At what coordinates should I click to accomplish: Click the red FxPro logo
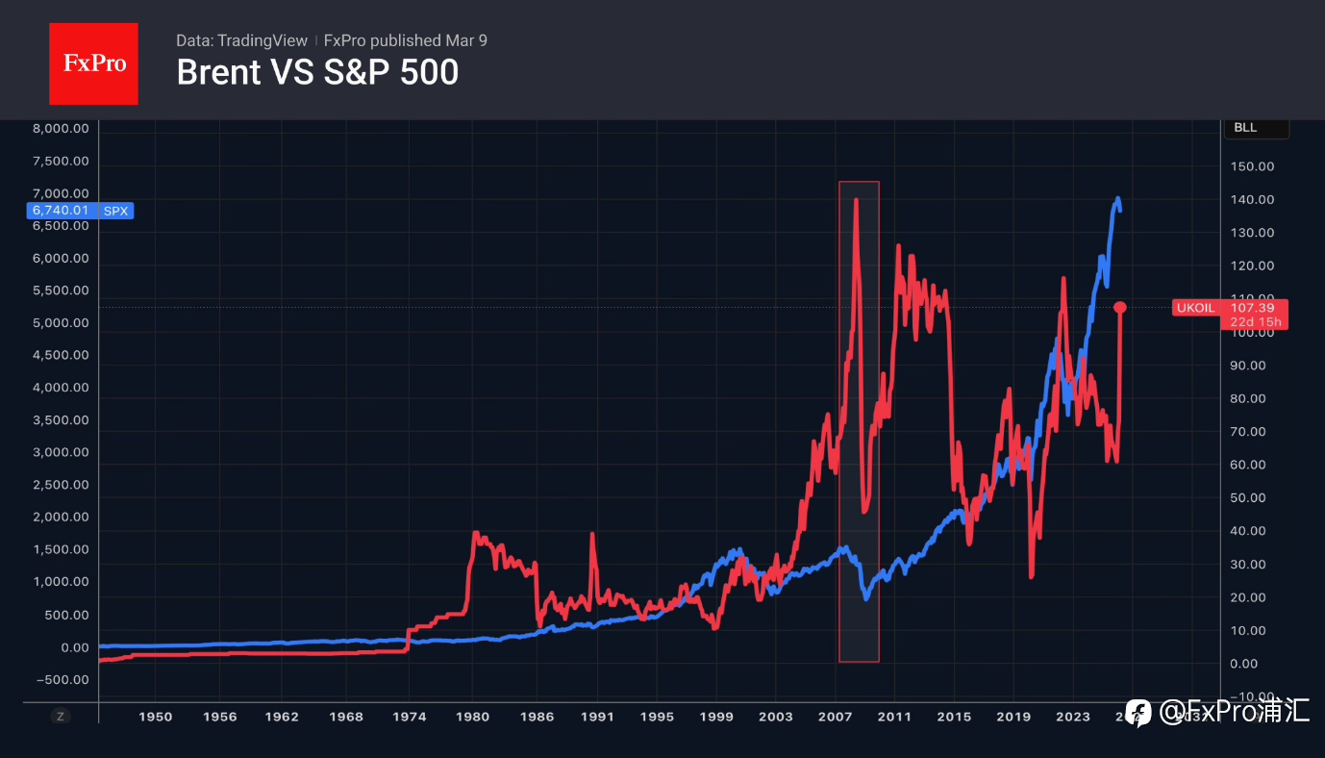93,63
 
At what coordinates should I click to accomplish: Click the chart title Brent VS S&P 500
317,72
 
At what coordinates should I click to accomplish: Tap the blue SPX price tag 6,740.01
80,211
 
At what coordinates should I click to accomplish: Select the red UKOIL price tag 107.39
1229,308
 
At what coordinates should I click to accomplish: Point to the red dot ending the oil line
1120,307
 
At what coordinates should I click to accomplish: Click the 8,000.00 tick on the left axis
61,129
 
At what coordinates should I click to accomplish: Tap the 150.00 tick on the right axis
1253,166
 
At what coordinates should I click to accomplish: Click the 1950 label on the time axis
155,717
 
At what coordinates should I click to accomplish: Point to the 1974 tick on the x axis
409,717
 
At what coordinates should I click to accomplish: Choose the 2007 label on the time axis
835,717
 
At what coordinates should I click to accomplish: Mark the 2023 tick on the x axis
1073,717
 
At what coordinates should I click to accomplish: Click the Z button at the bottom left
61,717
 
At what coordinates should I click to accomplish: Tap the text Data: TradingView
241,40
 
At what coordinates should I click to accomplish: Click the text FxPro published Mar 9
405,40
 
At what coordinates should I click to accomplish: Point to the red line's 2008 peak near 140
856,199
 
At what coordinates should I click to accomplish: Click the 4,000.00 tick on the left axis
61,388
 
